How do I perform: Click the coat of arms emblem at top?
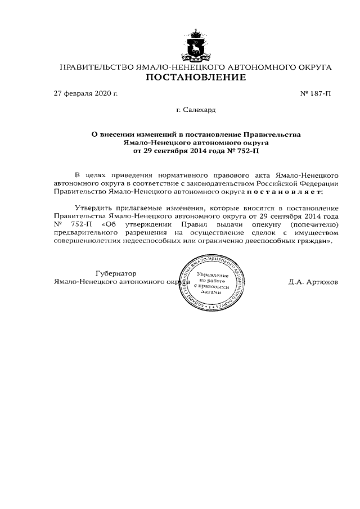[196, 46]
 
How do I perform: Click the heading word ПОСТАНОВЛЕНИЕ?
[196, 78]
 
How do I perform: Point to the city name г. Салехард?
[196, 110]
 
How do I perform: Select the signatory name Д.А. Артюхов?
[313, 282]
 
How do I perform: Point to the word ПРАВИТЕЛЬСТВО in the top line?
[93, 67]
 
